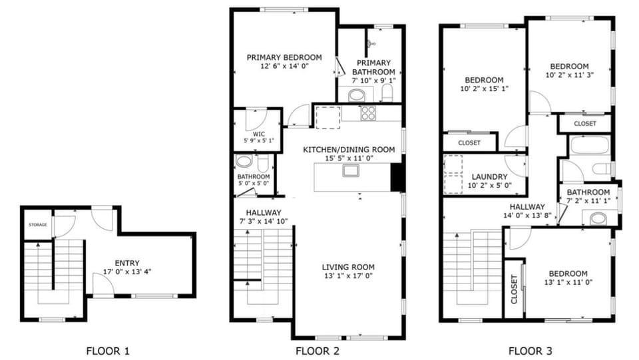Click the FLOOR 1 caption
[108, 350]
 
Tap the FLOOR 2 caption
[317, 350]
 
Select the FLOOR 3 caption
[530, 350]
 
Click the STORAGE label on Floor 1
[37, 225]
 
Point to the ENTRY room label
[127, 263]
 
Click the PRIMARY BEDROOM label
[284, 57]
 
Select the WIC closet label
[258, 134]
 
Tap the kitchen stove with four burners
[368, 113]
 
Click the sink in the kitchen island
[351, 171]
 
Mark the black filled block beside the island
[397, 176]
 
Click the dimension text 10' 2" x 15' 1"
[483, 89]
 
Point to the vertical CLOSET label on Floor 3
[514, 289]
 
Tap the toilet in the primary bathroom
[387, 94]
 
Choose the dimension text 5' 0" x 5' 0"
[253, 183]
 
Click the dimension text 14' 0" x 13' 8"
[527, 216]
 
